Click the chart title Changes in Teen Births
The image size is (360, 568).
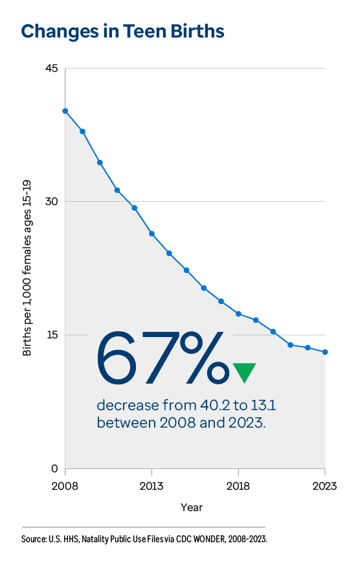tap(123, 31)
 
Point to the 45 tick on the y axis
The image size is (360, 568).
tap(51, 68)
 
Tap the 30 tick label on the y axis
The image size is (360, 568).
tap(51, 201)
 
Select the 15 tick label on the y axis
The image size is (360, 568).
tap(52, 335)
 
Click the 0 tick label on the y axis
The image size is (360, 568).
tap(54, 468)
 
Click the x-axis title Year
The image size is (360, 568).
tap(192, 507)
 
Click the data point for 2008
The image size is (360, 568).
tap(65, 111)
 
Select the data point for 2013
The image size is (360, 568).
tap(152, 234)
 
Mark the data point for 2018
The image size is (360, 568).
tap(238, 314)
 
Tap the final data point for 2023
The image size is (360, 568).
tap(325, 352)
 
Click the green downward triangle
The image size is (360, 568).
tap(244, 372)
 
